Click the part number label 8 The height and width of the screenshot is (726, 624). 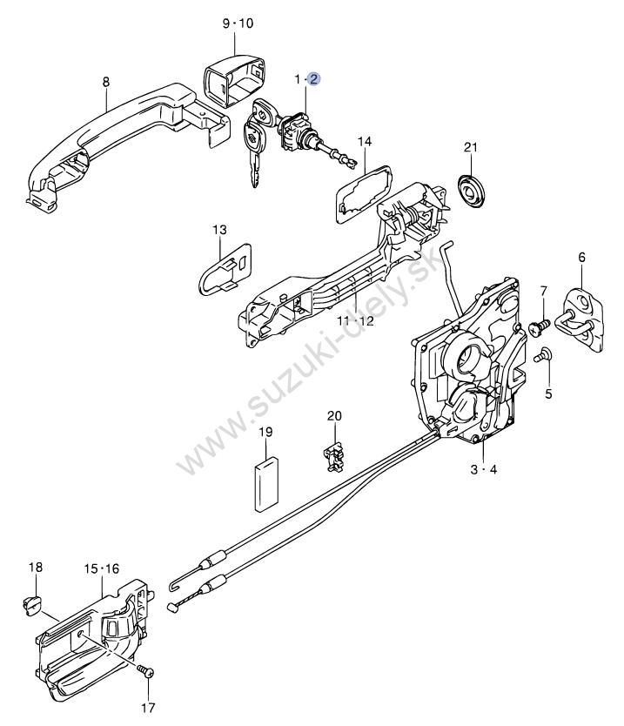click(106, 82)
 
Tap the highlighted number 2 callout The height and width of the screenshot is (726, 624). click(313, 79)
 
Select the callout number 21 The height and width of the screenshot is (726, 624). click(471, 147)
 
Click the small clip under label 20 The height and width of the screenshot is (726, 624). click(332, 455)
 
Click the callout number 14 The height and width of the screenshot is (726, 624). click(364, 141)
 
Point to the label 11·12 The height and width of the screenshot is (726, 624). click(355, 320)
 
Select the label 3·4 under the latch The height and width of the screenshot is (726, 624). click(483, 471)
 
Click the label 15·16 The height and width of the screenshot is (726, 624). click(101, 568)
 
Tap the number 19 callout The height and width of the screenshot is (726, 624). click(265, 432)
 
